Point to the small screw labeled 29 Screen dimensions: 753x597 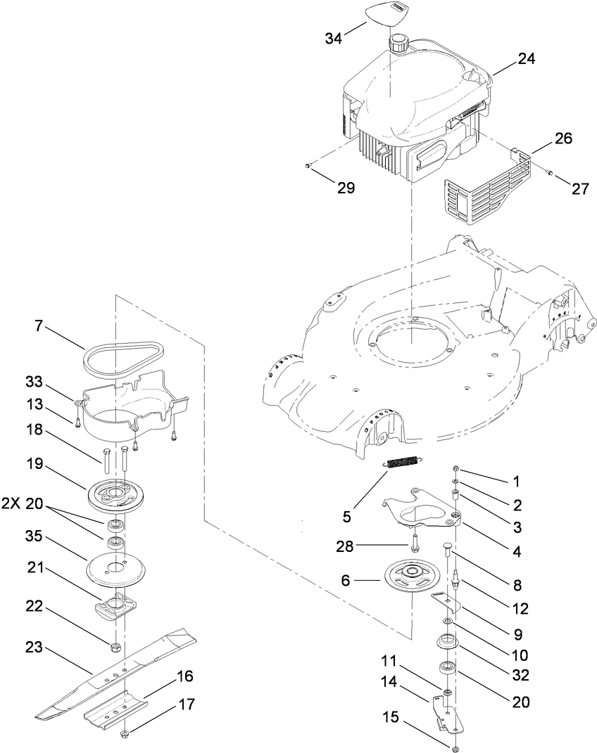click(x=308, y=165)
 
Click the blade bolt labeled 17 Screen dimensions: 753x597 click(x=125, y=735)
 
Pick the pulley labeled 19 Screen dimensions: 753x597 click(x=116, y=494)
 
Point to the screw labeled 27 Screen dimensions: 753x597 click(x=550, y=174)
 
